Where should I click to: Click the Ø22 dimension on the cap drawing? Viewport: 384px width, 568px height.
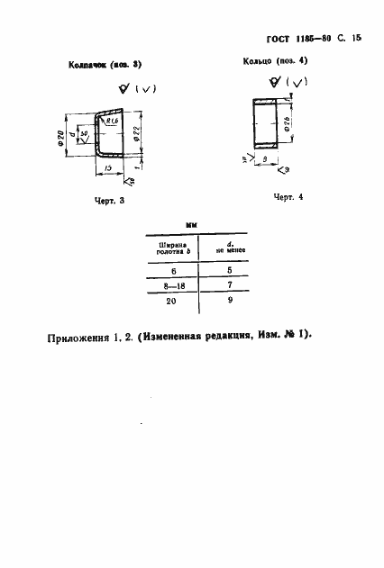click(x=135, y=134)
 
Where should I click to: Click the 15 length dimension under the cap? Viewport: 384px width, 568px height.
click(x=106, y=167)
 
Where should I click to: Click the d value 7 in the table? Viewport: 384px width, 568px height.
click(x=230, y=284)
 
